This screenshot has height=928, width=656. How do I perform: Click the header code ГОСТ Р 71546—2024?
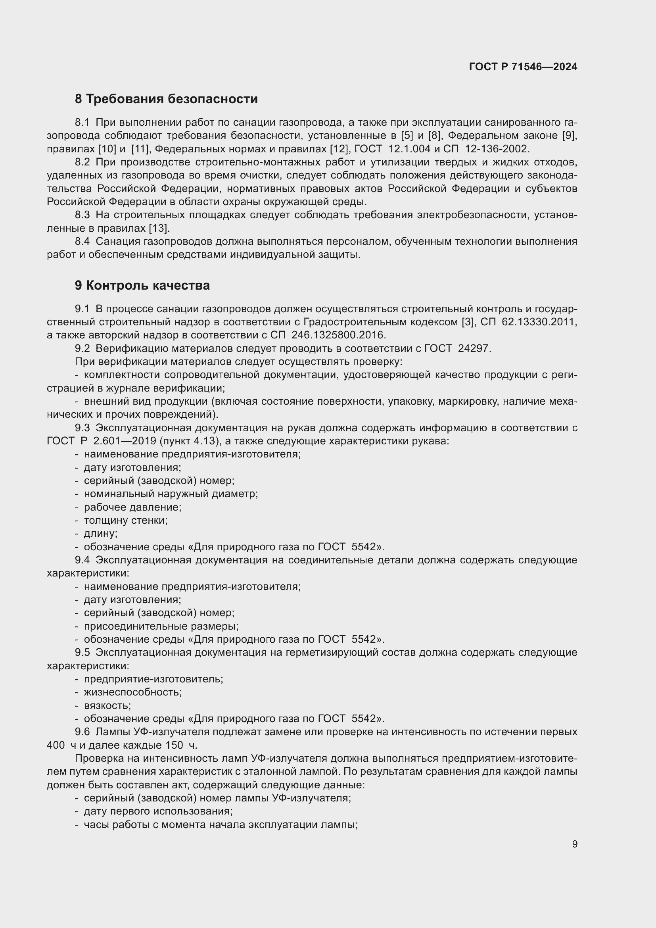[x=523, y=67]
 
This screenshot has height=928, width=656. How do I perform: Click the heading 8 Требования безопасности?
[x=166, y=99]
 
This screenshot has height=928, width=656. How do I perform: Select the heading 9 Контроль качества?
[x=142, y=285]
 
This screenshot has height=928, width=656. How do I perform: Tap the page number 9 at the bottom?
[x=574, y=844]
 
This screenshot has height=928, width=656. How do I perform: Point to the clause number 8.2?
[x=82, y=162]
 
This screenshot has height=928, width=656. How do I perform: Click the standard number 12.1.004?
[x=409, y=149]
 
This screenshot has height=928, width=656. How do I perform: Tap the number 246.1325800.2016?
[x=338, y=335]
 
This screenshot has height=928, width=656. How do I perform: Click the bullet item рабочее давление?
[x=132, y=507]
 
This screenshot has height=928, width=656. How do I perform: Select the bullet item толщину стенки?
[x=126, y=520]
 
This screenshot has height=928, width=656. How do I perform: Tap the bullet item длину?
[x=101, y=534]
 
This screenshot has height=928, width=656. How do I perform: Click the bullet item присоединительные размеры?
[x=161, y=626]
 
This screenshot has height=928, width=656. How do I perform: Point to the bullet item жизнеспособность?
[x=133, y=692]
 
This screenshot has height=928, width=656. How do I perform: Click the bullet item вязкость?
[x=107, y=705]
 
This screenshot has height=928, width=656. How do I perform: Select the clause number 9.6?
[x=82, y=732]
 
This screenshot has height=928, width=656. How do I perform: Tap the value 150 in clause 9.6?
[x=174, y=745]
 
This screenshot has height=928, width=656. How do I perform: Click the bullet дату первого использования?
[x=158, y=811]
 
